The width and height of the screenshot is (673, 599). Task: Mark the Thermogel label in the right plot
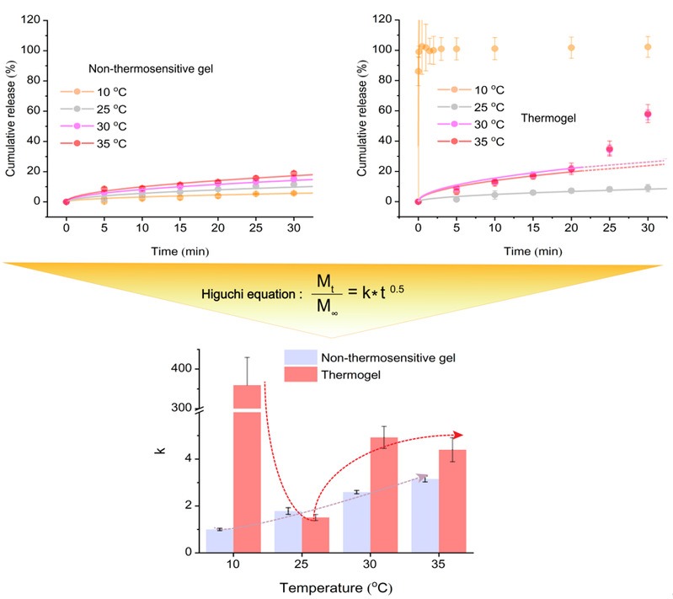coord(546,120)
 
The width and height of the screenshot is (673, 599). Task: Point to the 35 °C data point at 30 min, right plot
coord(648,114)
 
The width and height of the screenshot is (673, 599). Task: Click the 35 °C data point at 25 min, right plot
coord(609,149)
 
